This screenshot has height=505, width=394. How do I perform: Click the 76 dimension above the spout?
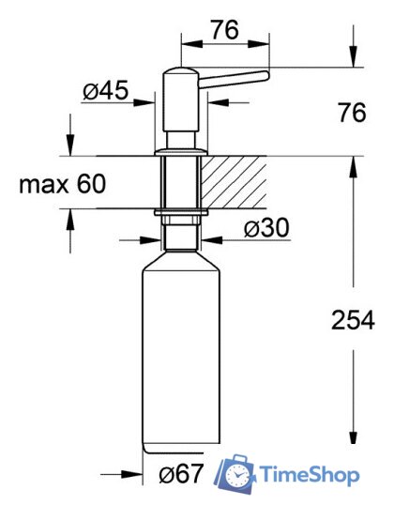coord(222,29)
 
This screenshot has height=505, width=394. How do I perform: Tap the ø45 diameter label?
coord(105,92)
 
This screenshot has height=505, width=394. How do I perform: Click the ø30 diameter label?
coord(266,228)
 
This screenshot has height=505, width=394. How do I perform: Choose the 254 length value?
coord(353,321)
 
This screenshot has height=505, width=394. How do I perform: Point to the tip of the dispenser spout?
coord(266,75)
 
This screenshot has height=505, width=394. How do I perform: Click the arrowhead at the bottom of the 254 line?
coord(353,442)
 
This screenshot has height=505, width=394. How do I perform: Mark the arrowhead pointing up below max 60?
coord(69,216)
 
